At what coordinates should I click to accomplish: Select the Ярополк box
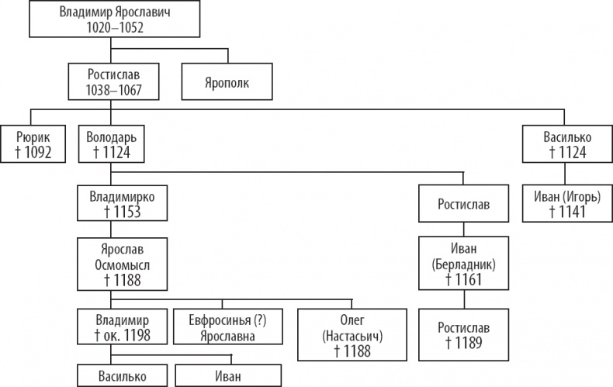[x=228, y=81]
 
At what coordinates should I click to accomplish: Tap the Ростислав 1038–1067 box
[x=113, y=81]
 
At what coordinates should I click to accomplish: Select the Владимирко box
[x=122, y=203]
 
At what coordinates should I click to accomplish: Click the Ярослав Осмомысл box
[x=122, y=264]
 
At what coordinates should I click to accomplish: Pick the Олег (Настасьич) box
[x=352, y=334]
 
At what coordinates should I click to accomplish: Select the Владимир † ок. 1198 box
[x=122, y=327]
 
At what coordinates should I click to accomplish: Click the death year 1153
[x=126, y=211]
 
